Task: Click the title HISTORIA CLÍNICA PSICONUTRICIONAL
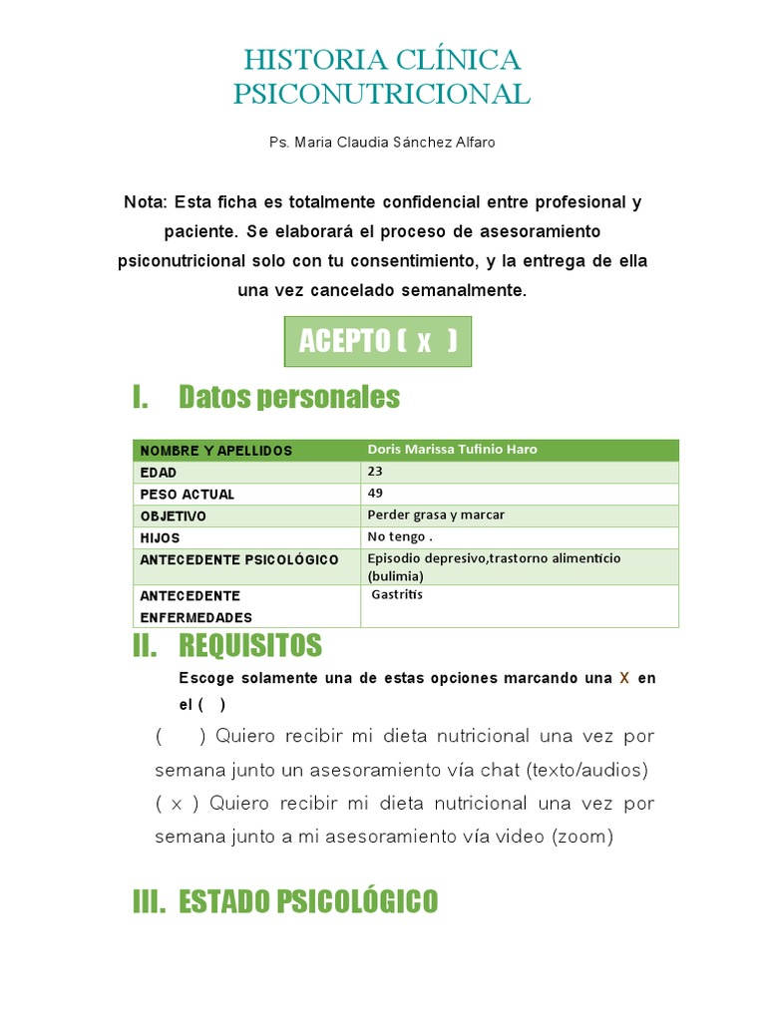point(382,77)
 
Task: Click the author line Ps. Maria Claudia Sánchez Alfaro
point(382,143)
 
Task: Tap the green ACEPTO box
point(378,341)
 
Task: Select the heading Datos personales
point(289,397)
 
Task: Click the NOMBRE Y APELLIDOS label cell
point(216,451)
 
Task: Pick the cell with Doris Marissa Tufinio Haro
point(452,450)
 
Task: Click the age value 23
point(375,472)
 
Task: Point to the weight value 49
point(375,494)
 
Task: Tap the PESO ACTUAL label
point(188,495)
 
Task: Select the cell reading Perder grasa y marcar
point(436,515)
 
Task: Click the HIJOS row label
point(161,538)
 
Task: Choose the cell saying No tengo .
point(399,537)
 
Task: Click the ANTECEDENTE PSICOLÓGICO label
point(239,560)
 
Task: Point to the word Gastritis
point(397,595)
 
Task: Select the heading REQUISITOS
point(250,646)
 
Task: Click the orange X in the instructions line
point(624,678)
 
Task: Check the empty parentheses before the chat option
point(181,737)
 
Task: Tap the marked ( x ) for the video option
point(178,804)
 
